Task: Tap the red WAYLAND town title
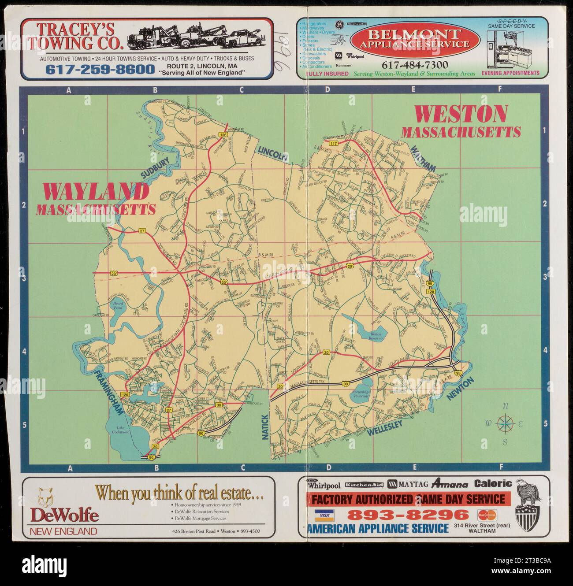pyautogui.click(x=96, y=192)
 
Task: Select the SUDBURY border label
pyautogui.click(x=155, y=167)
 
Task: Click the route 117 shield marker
pyautogui.click(x=333, y=144)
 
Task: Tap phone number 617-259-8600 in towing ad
pyautogui.click(x=100, y=70)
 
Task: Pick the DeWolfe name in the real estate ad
pyautogui.click(x=64, y=515)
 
